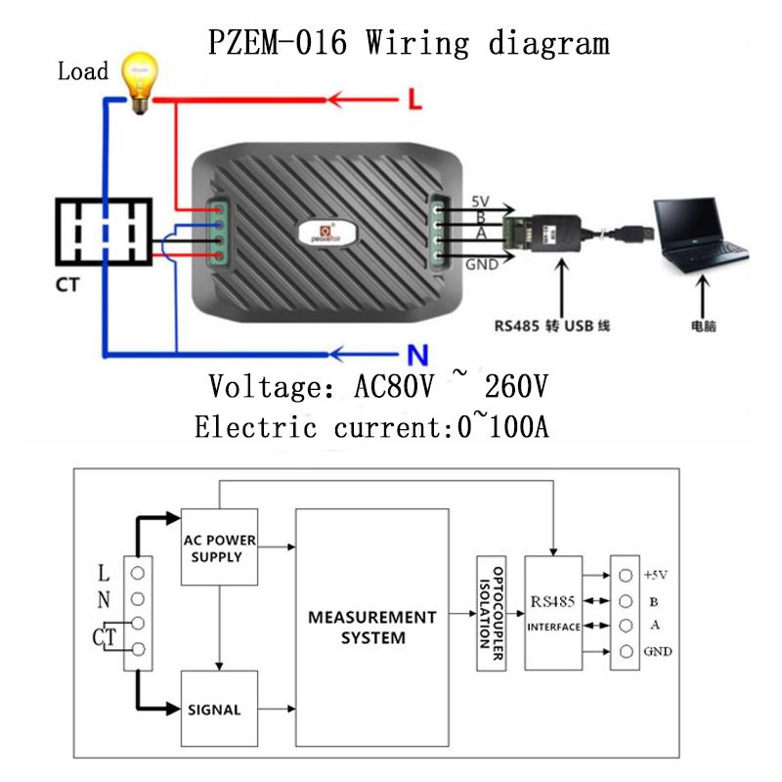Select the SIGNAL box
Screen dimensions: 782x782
click(x=220, y=709)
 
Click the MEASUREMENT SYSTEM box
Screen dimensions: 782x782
click(x=371, y=628)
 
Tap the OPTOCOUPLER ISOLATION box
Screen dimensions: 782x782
click(x=490, y=613)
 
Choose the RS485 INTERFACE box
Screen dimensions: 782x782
click(x=554, y=613)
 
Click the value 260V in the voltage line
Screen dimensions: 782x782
click(x=506, y=386)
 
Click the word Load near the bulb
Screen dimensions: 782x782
click(x=82, y=71)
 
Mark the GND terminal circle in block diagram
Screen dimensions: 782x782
click(x=624, y=652)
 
